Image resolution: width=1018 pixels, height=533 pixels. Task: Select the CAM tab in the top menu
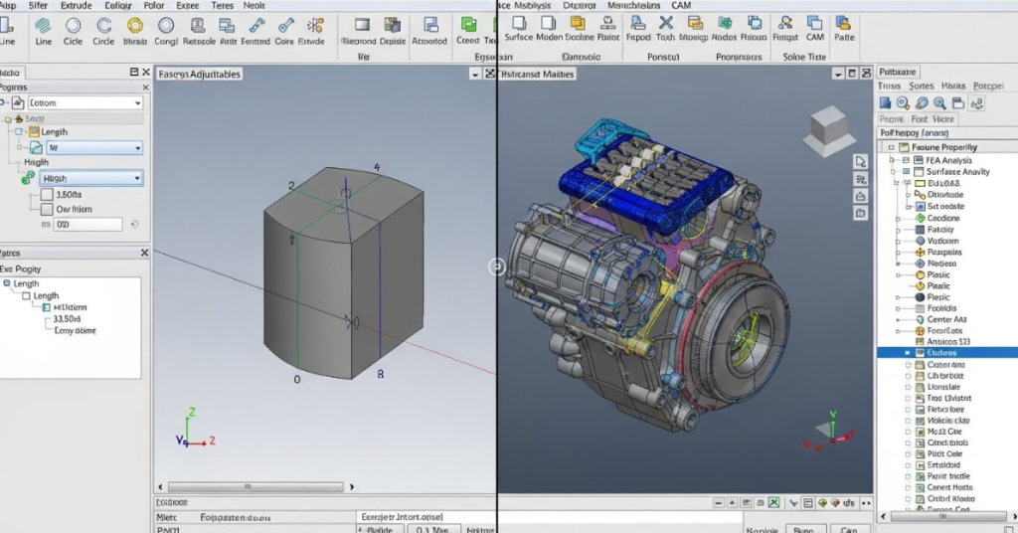(x=680, y=6)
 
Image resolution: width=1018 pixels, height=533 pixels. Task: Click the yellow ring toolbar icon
(x=164, y=26)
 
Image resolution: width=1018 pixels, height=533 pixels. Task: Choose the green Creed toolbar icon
(x=467, y=25)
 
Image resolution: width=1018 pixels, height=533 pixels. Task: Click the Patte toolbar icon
(x=844, y=25)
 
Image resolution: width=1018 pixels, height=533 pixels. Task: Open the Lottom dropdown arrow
(x=137, y=103)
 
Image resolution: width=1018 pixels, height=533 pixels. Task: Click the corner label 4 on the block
(x=376, y=167)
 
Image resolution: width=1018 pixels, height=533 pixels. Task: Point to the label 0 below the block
(x=296, y=380)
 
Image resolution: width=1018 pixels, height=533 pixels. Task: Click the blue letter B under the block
(x=380, y=375)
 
